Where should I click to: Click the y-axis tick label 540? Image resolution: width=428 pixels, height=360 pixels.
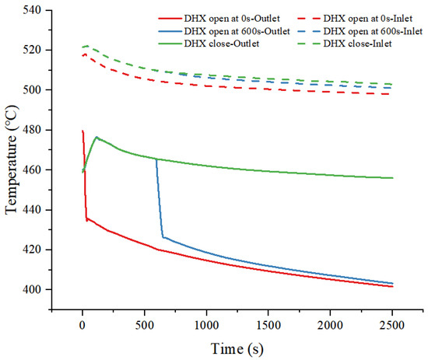[32, 10]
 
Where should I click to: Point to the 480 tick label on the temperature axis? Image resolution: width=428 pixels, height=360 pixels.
[32, 130]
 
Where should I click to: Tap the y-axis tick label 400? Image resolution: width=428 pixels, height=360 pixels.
[32, 290]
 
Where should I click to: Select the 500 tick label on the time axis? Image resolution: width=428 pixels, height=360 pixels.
[144, 325]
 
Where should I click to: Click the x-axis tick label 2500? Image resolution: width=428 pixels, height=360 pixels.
[392, 325]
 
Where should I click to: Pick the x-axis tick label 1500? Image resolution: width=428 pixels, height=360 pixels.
[268, 325]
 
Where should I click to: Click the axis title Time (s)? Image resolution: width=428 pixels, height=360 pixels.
[237, 349]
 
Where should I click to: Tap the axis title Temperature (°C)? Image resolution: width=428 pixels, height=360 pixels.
[12, 159]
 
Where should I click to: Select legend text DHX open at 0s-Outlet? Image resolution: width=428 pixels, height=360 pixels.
[232, 19]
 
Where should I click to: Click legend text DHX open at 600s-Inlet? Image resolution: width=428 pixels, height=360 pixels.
[373, 31]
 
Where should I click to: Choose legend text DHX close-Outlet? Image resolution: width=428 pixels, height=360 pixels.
[222, 44]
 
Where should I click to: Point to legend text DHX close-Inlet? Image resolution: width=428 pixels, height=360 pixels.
[358, 44]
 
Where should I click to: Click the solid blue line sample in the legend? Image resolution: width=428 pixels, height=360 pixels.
[170, 31]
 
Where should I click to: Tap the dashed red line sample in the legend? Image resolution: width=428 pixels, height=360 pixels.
[308, 19]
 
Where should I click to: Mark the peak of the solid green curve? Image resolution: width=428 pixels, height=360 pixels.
[96, 137]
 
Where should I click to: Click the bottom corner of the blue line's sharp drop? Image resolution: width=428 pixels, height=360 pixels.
[163, 238]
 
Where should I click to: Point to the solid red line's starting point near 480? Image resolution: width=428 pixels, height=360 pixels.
[82, 131]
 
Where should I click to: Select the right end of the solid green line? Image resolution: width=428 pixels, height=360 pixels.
[392, 178]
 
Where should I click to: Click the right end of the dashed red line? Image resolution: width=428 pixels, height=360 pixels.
[389, 94]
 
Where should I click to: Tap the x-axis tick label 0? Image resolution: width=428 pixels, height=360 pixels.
[82, 325]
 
